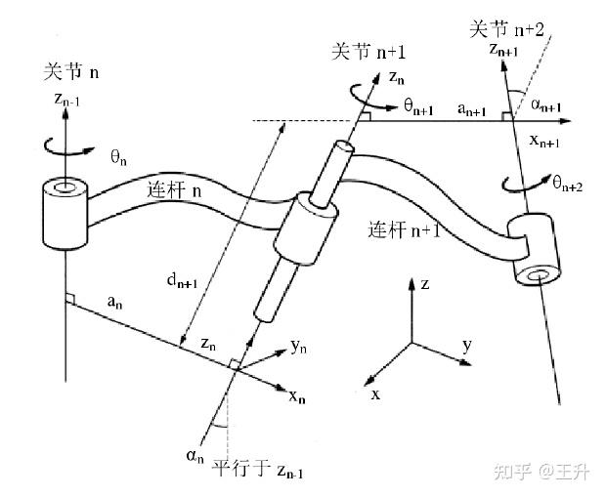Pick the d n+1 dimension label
[x=185, y=284]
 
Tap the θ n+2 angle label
[x=568, y=184]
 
